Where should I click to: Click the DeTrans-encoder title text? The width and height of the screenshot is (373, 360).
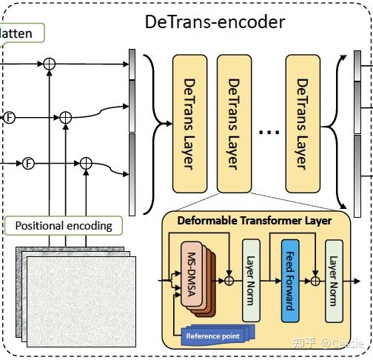point(215,21)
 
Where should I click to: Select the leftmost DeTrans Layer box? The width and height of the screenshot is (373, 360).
point(189,123)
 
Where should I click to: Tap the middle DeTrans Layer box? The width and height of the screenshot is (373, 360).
point(234,123)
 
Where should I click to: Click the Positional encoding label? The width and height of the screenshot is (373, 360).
point(64,225)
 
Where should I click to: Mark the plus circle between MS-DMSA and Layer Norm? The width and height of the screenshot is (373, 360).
point(229,281)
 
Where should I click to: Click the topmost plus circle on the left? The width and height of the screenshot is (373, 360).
point(49,64)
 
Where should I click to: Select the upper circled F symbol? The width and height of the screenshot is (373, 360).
point(10,116)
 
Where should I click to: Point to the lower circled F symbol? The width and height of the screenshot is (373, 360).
point(28,163)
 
